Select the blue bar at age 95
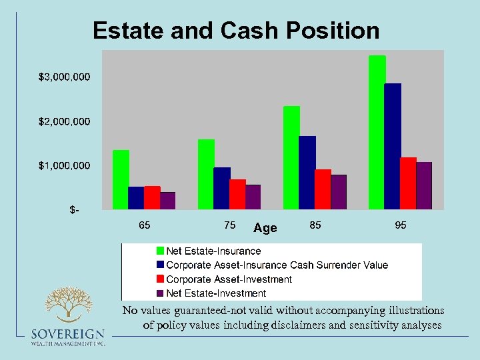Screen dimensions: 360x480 coord(393,146)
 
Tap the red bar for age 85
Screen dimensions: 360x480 coord(323,189)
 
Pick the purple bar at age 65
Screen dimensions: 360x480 coord(167,201)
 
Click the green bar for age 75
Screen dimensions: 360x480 coord(206,174)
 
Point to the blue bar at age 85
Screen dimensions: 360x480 coord(307,173)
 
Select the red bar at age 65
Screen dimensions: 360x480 coord(152,197)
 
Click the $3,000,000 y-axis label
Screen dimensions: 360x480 coord(64,77)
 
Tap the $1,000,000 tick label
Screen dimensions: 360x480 coord(64,165)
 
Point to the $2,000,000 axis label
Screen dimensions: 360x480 coord(64,121)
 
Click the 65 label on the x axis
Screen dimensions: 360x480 coord(144,225)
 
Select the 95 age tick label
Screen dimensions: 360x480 coord(400,225)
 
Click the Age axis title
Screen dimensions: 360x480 coord(265,228)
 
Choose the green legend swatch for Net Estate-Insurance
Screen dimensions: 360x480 coord(160,251)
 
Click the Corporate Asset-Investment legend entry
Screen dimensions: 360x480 coord(229,279)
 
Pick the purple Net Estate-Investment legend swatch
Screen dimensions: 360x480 coord(160,293)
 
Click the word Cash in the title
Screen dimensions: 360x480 coord(270,31)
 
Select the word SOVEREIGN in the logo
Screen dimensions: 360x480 coord(67,334)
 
